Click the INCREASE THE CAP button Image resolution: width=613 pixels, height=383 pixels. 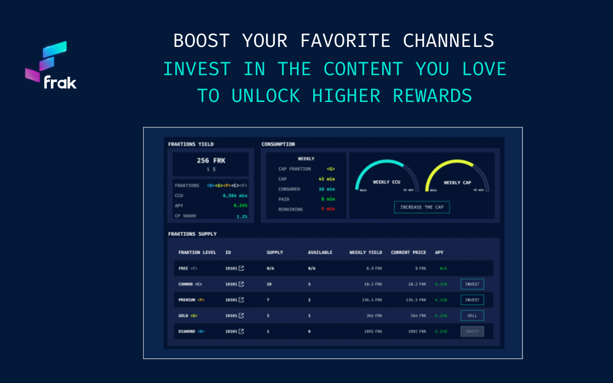(421, 207)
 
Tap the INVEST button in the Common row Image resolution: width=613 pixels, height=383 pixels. (472, 284)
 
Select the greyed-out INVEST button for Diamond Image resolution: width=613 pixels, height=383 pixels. (472, 331)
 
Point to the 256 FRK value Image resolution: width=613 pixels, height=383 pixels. (211, 161)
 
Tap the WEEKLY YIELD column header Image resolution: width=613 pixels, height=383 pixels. (366, 252)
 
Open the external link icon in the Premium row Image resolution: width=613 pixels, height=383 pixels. (241, 300)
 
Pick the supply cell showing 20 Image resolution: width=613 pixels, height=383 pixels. (269, 284)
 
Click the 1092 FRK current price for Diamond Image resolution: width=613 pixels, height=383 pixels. (417, 331)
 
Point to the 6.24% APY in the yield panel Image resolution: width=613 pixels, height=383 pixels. (240, 206)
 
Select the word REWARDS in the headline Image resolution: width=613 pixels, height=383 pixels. (432, 96)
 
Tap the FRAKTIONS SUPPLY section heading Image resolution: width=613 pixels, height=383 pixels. (193, 234)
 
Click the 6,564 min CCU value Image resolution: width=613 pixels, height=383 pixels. (235, 195)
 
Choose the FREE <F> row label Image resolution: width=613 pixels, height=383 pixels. (188, 269)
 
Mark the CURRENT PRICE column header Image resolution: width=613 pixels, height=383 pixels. (409, 252)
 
